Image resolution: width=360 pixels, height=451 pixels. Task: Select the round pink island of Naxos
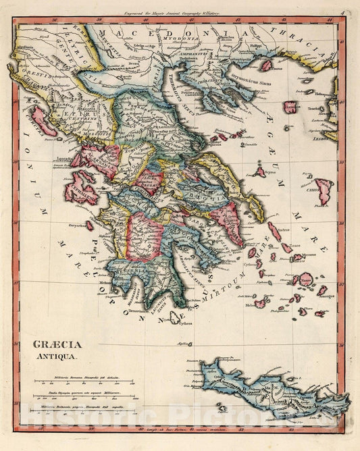(306, 278)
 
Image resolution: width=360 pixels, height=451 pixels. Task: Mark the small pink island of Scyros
(259, 172)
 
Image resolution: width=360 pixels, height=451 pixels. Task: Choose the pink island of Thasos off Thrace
(266, 65)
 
